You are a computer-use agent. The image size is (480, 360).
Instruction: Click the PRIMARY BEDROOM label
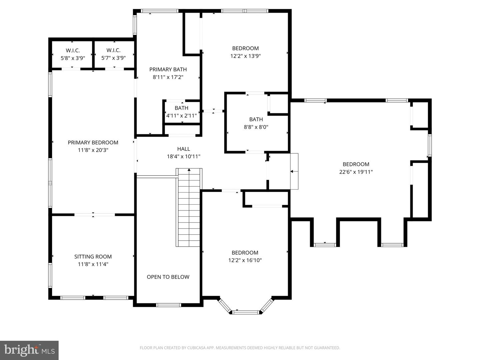(x=93, y=142)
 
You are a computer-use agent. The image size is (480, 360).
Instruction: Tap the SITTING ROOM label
(x=93, y=256)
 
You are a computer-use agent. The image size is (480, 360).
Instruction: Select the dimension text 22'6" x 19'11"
(x=356, y=172)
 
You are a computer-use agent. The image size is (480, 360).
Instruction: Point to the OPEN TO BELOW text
(x=168, y=277)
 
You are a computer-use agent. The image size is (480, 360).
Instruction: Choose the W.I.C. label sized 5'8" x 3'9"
(x=73, y=50)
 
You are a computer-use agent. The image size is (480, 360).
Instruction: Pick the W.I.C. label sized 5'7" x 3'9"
(x=113, y=50)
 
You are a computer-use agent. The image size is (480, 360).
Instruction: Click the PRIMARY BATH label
(x=168, y=69)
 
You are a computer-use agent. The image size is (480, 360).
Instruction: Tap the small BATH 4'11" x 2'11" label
(x=182, y=108)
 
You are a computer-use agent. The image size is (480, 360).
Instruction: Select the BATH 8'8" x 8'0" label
(x=256, y=119)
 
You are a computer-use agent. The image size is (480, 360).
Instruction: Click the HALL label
(x=184, y=149)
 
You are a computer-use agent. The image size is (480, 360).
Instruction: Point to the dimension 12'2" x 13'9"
(x=245, y=56)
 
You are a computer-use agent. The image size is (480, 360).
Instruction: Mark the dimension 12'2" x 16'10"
(x=245, y=260)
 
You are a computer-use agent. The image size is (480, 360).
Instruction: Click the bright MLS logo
(x=29, y=350)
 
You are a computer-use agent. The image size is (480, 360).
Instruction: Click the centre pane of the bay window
(x=245, y=312)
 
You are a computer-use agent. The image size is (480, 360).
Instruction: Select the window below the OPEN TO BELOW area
(x=169, y=305)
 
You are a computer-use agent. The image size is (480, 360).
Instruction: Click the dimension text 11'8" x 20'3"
(x=93, y=150)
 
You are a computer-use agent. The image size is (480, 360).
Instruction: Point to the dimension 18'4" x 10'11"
(x=184, y=156)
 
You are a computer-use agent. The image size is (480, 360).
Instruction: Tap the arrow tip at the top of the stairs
(x=189, y=170)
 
